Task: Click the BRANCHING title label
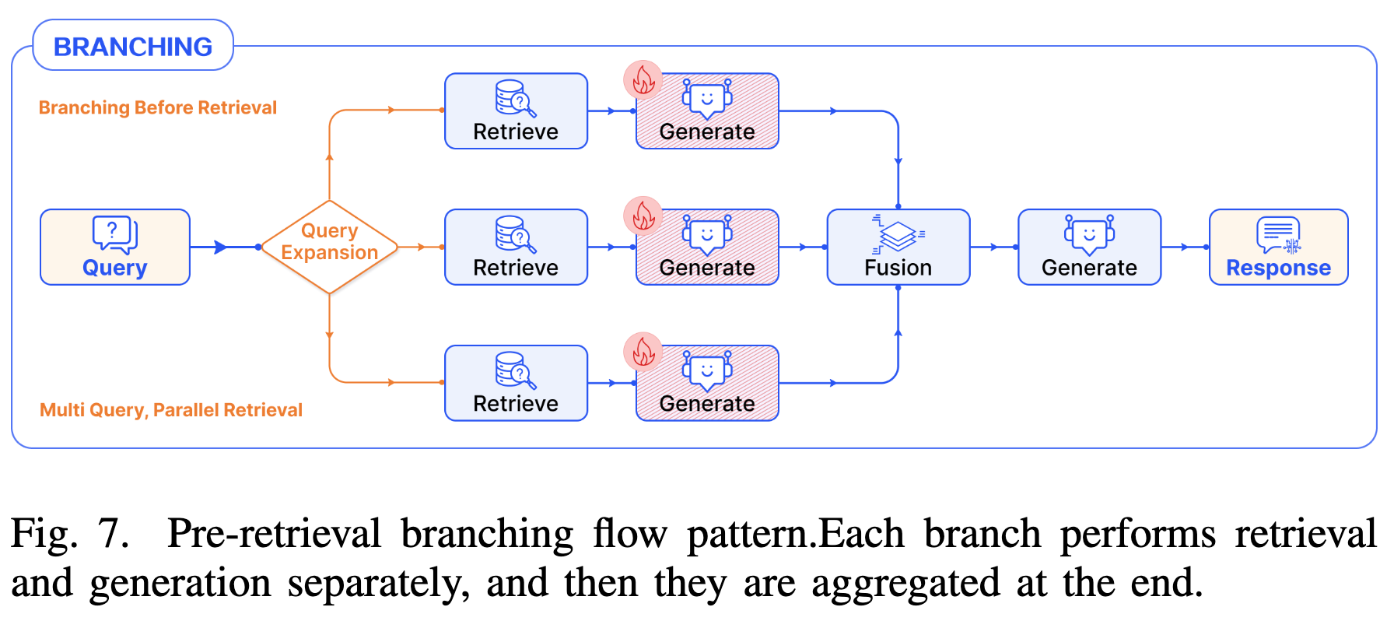pyautogui.click(x=133, y=47)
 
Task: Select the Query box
pyautogui.click(x=115, y=247)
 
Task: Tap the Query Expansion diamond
pyautogui.click(x=329, y=247)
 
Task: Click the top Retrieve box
pyautogui.click(x=516, y=111)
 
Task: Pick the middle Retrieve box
pyautogui.click(x=516, y=247)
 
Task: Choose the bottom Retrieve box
pyautogui.click(x=516, y=383)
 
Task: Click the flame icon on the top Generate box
pyautogui.click(x=643, y=79)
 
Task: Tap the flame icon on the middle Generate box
pyautogui.click(x=643, y=216)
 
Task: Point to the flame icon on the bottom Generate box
pyautogui.click(x=643, y=352)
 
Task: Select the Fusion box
pyautogui.click(x=898, y=247)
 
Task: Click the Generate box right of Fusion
pyautogui.click(x=1089, y=247)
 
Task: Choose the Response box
pyautogui.click(x=1278, y=247)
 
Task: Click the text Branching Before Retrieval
pyautogui.click(x=158, y=107)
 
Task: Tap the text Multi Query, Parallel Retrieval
pyautogui.click(x=171, y=410)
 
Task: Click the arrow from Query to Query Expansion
pyautogui.click(x=222, y=247)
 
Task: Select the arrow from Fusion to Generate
pyautogui.click(x=993, y=247)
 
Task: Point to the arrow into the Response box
pyautogui.click(x=1184, y=247)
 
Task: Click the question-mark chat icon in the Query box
pyautogui.click(x=114, y=233)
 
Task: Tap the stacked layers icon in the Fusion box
pyautogui.click(x=898, y=234)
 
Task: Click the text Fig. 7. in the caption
pyautogui.click(x=69, y=534)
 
